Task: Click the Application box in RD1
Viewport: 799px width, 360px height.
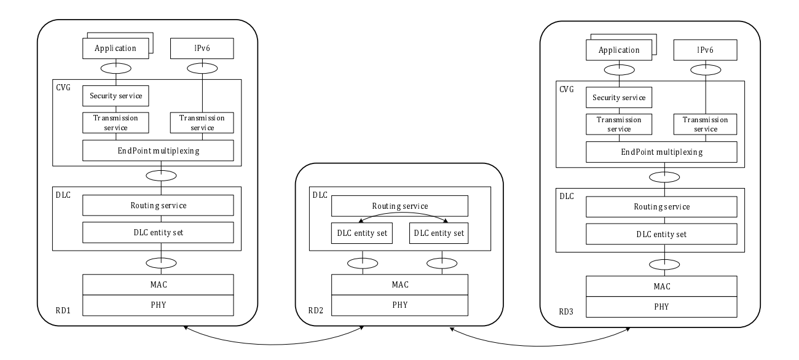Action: pos(115,47)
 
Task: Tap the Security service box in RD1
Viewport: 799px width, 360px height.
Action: pos(116,95)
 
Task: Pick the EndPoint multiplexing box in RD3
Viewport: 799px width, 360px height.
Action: pos(663,151)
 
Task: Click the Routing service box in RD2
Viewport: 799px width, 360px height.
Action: pos(399,206)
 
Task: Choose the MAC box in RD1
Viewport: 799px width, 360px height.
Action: pos(159,284)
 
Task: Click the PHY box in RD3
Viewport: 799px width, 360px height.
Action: pos(663,307)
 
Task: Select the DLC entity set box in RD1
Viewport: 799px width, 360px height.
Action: pos(159,233)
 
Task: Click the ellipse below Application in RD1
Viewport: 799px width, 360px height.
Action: pos(116,67)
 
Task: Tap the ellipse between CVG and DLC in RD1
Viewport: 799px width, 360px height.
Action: pos(161,176)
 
